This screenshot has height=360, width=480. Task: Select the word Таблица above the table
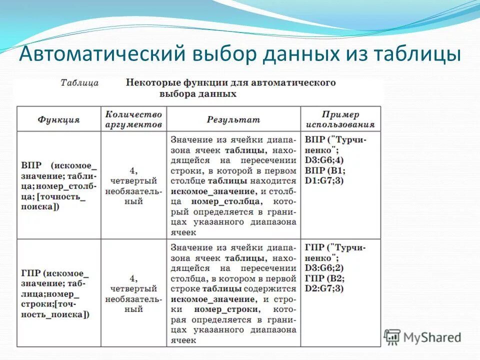[x=79, y=83]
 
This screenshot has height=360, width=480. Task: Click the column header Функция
[x=58, y=119]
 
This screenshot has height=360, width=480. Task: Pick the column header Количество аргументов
[x=133, y=119]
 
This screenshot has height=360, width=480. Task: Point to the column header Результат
[x=233, y=119]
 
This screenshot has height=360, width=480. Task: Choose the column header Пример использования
[x=340, y=119]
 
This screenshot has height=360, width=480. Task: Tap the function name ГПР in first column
[x=31, y=273]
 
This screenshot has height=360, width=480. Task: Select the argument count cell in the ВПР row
[x=133, y=185]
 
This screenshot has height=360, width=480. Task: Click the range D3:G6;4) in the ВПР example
[x=324, y=160]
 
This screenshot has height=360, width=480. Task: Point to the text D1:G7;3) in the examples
[x=324, y=180]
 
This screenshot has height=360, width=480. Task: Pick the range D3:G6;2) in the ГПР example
[x=324, y=268]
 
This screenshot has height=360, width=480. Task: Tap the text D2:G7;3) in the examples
[x=324, y=288]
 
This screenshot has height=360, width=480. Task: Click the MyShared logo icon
[x=392, y=336]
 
